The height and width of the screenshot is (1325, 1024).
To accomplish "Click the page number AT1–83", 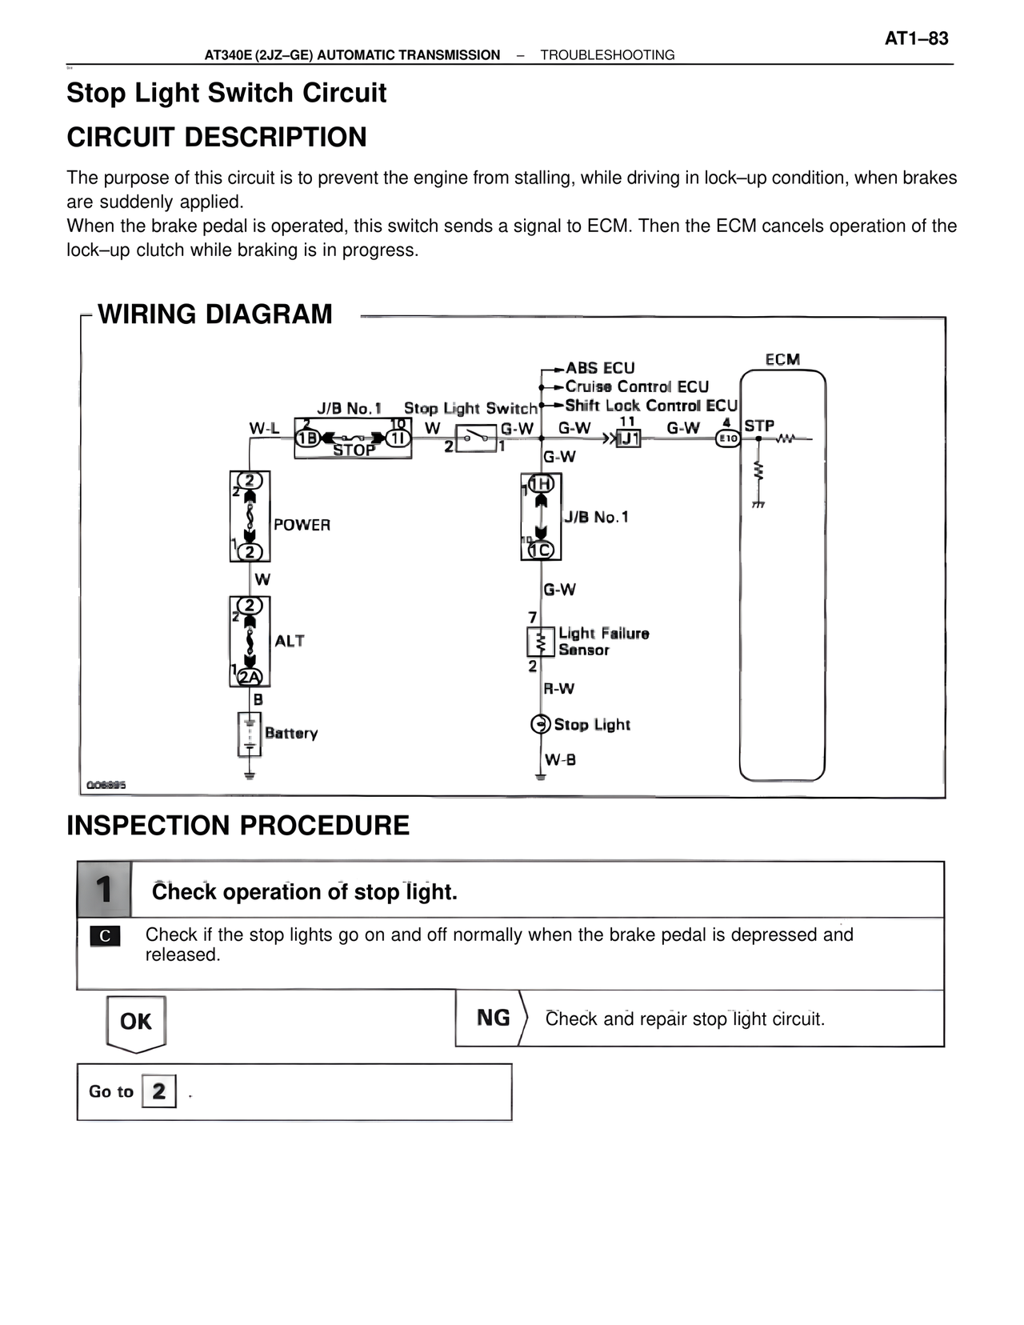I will click(x=916, y=38).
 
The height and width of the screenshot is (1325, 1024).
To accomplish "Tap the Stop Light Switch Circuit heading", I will click(x=226, y=93).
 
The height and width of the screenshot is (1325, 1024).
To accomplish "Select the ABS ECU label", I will click(x=600, y=368).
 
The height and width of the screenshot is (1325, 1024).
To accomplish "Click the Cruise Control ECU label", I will click(x=637, y=386).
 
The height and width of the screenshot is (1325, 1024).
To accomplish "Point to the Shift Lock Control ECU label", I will click(x=650, y=406).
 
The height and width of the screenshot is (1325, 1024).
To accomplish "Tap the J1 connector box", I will click(x=629, y=438).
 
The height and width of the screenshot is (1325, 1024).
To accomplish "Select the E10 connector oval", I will click(x=727, y=438).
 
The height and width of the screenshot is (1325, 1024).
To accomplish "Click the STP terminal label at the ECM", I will click(x=759, y=426).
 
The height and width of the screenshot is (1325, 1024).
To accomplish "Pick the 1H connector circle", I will click(x=542, y=483).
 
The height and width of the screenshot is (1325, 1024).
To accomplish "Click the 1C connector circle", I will click(x=541, y=550).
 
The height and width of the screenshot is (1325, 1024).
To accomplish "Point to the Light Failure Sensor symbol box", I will click(x=541, y=642).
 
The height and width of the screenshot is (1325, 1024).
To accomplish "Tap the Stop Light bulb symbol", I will click(x=540, y=724).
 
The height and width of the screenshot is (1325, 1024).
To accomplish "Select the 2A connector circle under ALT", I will click(x=250, y=677).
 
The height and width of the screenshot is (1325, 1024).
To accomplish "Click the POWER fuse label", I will click(x=302, y=525).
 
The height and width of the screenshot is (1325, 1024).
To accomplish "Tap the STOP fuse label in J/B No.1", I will click(x=354, y=450).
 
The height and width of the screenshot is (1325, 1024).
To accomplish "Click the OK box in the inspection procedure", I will click(x=136, y=1022).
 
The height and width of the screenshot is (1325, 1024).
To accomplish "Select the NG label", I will click(x=493, y=1018).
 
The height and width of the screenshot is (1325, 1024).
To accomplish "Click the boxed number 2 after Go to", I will click(x=158, y=1091).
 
